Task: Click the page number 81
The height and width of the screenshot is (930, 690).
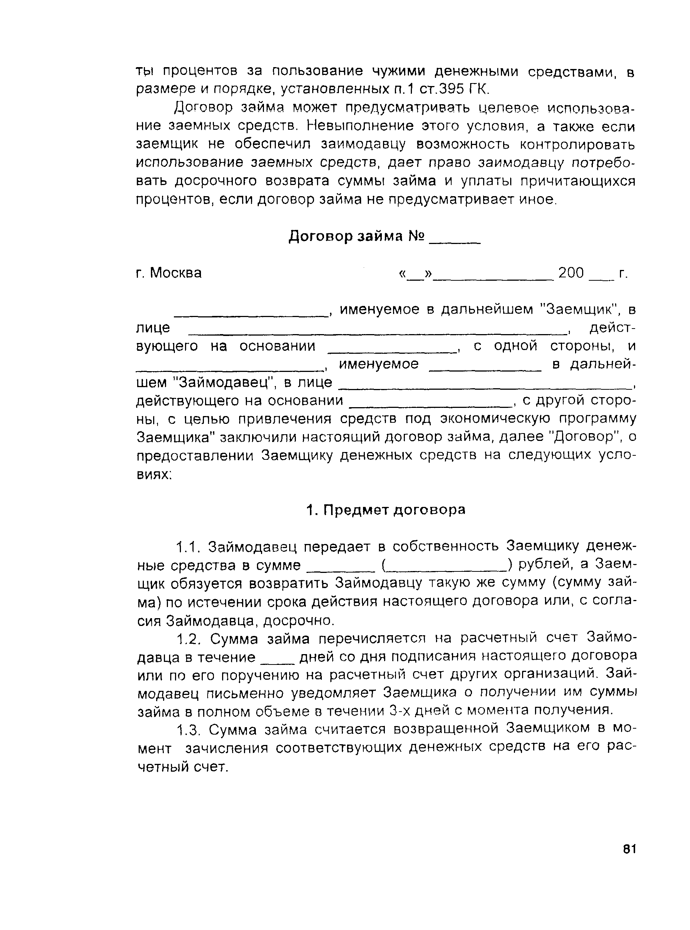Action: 628,849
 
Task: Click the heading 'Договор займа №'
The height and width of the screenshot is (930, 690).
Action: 357,237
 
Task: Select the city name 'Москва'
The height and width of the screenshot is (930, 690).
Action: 176,273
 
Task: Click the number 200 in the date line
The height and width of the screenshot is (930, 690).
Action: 571,273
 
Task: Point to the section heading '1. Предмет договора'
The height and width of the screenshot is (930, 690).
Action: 386,509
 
